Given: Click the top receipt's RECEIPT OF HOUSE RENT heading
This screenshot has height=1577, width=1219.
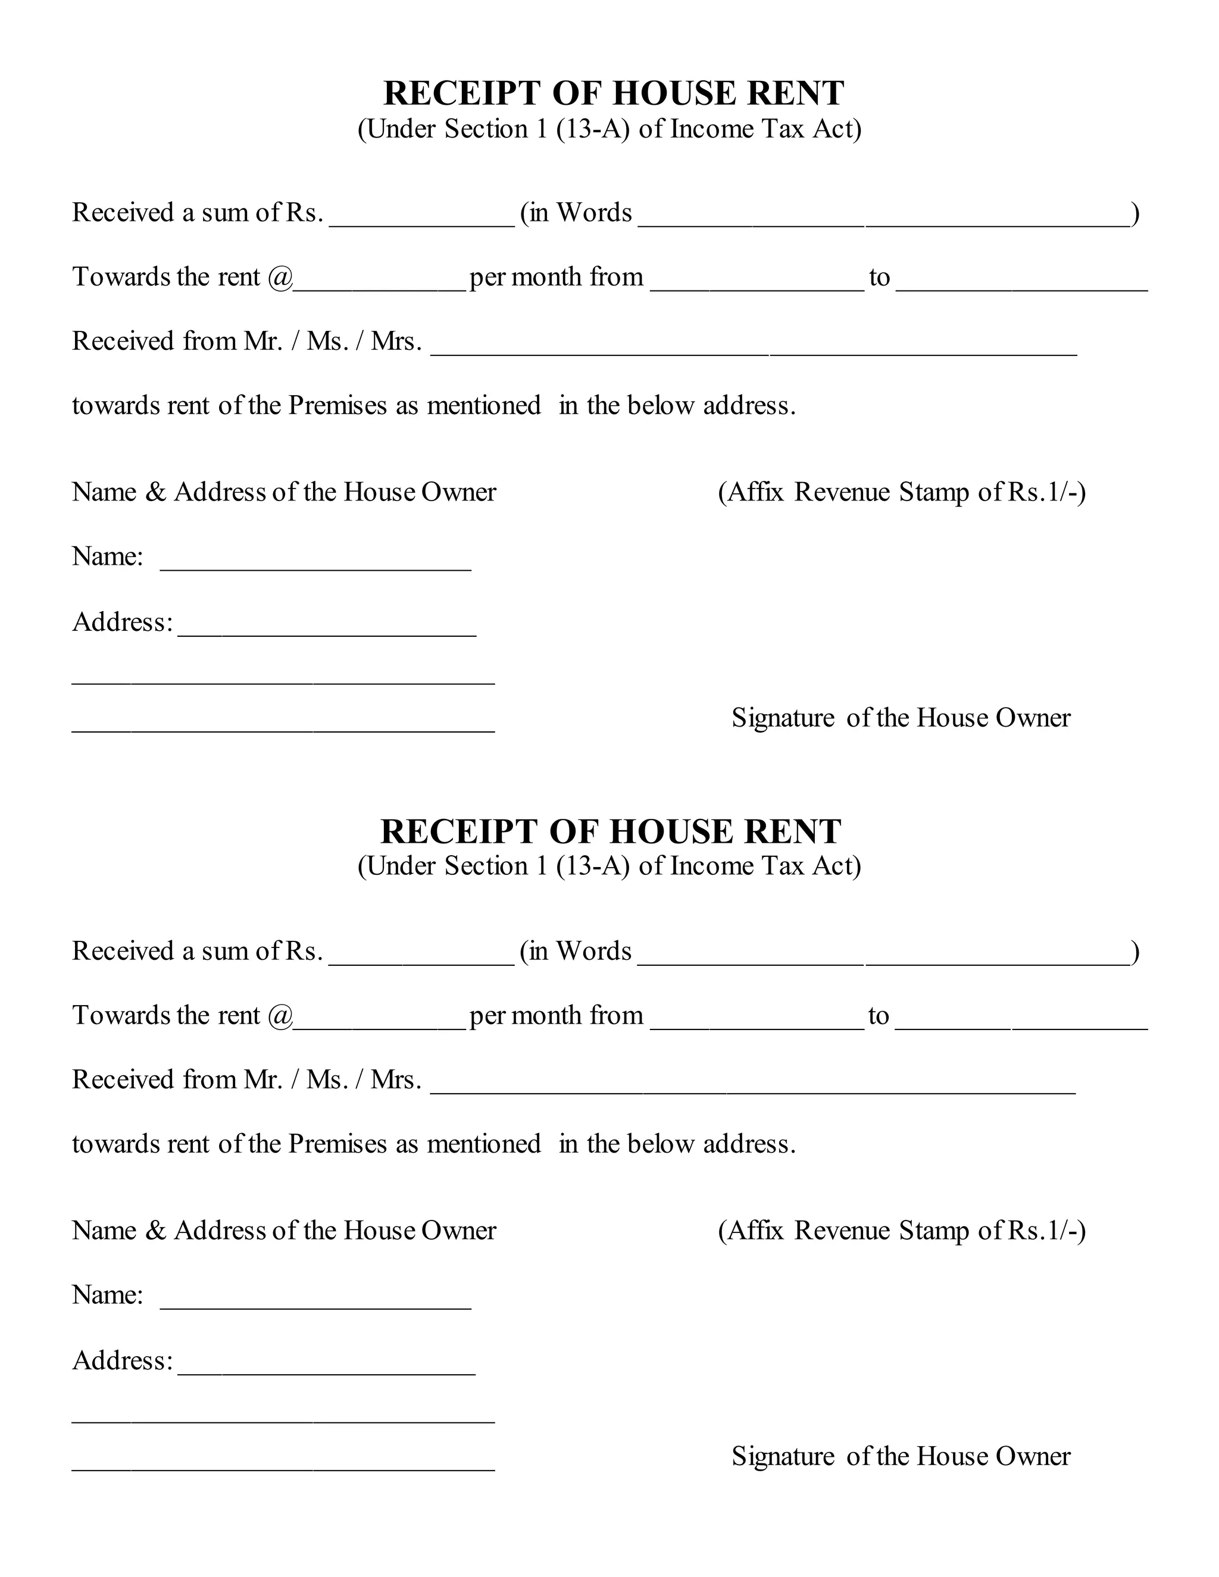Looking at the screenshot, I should pyautogui.click(x=613, y=93).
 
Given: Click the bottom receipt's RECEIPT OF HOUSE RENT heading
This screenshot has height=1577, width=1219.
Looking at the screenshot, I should pyautogui.click(x=610, y=831).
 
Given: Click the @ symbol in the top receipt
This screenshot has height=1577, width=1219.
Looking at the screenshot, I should pyautogui.click(x=280, y=277).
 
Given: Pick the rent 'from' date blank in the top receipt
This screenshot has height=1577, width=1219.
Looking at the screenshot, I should pyautogui.click(x=757, y=282).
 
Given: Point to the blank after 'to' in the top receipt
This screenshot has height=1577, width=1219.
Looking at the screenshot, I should pyautogui.click(x=1022, y=282).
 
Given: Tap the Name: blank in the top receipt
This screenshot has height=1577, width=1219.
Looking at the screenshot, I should pyautogui.click(x=315, y=562).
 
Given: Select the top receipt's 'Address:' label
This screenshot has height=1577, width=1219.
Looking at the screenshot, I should pyautogui.click(x=123, y=622).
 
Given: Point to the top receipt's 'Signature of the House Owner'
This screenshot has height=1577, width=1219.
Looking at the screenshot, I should pyautogui.click(x=901, y=718).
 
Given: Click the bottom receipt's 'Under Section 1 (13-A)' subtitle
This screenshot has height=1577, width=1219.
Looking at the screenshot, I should pyautogui.click(x=609, y=866).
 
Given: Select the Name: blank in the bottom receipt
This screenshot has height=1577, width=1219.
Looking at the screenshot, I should pyautogui.click(x=315, y=1300).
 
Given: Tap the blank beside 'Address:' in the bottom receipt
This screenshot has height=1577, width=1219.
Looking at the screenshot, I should pyautogui.click(x=326, y=1365).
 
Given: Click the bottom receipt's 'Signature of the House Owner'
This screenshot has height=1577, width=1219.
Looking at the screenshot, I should pyautogui.click(x=901, y=1456).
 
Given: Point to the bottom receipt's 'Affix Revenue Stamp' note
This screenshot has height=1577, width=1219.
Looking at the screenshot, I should pyautogui.click(x=901, y=1231).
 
